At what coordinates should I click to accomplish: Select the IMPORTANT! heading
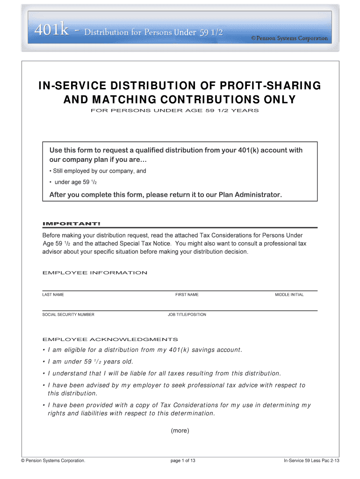pos(71,223)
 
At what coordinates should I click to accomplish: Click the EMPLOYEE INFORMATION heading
pos(95,273)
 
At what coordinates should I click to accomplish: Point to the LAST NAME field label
pos(53,295)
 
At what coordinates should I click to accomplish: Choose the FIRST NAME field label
pos(187,295)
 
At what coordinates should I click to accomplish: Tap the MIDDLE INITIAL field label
pos(289,295)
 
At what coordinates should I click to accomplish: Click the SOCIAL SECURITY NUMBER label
pos(68,314)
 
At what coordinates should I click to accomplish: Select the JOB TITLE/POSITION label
pos(187,314)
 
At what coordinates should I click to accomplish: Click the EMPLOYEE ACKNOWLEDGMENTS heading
pos(110,339)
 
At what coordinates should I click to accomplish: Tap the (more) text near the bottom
pos(180,430)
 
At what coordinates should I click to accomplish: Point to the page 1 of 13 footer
pos(183,461)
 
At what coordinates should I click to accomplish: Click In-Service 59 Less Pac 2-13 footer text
pos(311,461)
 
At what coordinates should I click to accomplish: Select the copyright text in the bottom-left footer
pos(53,461)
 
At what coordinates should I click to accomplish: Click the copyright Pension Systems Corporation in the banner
pos(289,38)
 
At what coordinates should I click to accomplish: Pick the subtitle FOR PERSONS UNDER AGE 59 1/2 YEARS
pos(180,111)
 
